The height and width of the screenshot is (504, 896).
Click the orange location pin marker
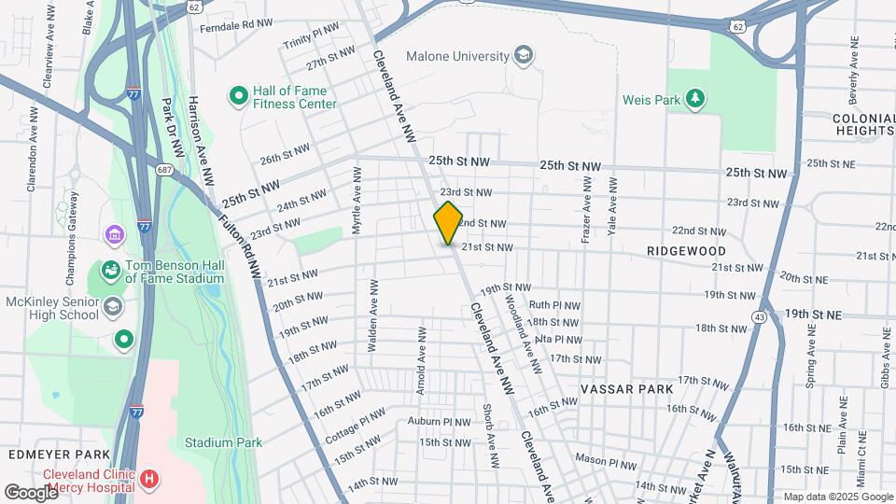pyautogui.click(x=448, y=223)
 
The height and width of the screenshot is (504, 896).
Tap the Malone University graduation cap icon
pyautogui.click(x=524, y=56)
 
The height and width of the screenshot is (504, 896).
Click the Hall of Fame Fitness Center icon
pyautogui.click(x=238, y=95)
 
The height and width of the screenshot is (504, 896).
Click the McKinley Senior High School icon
pyautogui.click(x=112, y=306)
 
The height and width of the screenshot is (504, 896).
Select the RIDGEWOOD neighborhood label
pyautogui.click(x=686, y=252)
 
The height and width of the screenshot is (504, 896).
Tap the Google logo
pyautogui.click(x=31, y=492)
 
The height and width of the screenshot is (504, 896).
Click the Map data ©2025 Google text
pyautogui.click(x=836, y=497)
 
